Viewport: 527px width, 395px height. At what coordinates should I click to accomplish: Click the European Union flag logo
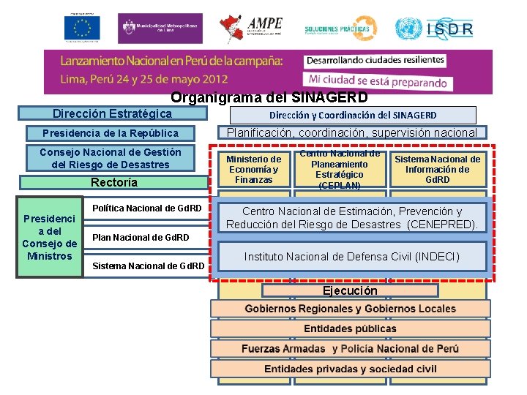pyautogui.click(x=82, y=29)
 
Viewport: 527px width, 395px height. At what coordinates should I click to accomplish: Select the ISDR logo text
pyautogui.click(x=447, y=29)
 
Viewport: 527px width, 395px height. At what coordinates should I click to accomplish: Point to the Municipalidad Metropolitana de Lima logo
pyautogui.click(x=159, y=27)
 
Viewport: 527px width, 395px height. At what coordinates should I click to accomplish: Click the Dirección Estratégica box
pyautogui.click(x=112, y=114)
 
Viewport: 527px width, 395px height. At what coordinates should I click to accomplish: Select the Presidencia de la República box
pyautogui.click(x=111, y=133)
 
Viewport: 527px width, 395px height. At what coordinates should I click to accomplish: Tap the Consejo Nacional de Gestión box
pyautogui.click(x=111, y=158)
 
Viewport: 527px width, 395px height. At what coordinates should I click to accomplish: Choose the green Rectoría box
pyautogui.click(x=113, y=182)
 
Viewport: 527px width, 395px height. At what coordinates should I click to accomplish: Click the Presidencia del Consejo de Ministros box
pyautogui.click(x=50, y=237)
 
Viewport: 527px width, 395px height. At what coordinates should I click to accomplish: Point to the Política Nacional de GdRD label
pyautogui.click(x=147, y=208)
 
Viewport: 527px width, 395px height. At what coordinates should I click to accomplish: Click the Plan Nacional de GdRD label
pyautogui.click(x=141, y=237)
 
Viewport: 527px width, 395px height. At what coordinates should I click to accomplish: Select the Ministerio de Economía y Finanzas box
pyautogui.click(x=253, y=170)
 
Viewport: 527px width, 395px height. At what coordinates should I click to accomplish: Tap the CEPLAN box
pyautogui.click(x=340, y=170)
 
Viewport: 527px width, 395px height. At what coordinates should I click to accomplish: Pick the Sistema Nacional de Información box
pyautogui.click(x=438, y=170)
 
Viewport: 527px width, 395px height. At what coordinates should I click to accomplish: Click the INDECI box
pyautogui.click(x=352, y=257)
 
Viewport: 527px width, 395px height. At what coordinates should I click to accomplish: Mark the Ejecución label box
pyautogui.click(x=350, y=290)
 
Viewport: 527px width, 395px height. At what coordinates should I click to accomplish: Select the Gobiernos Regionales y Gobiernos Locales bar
pyautogui.click(x=350, y=309)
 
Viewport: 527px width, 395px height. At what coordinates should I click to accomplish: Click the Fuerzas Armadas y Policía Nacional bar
pyautogui.click(x=350, y=349)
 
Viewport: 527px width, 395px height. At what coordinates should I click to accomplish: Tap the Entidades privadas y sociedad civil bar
pyautogui.click(x=350, y=369)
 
